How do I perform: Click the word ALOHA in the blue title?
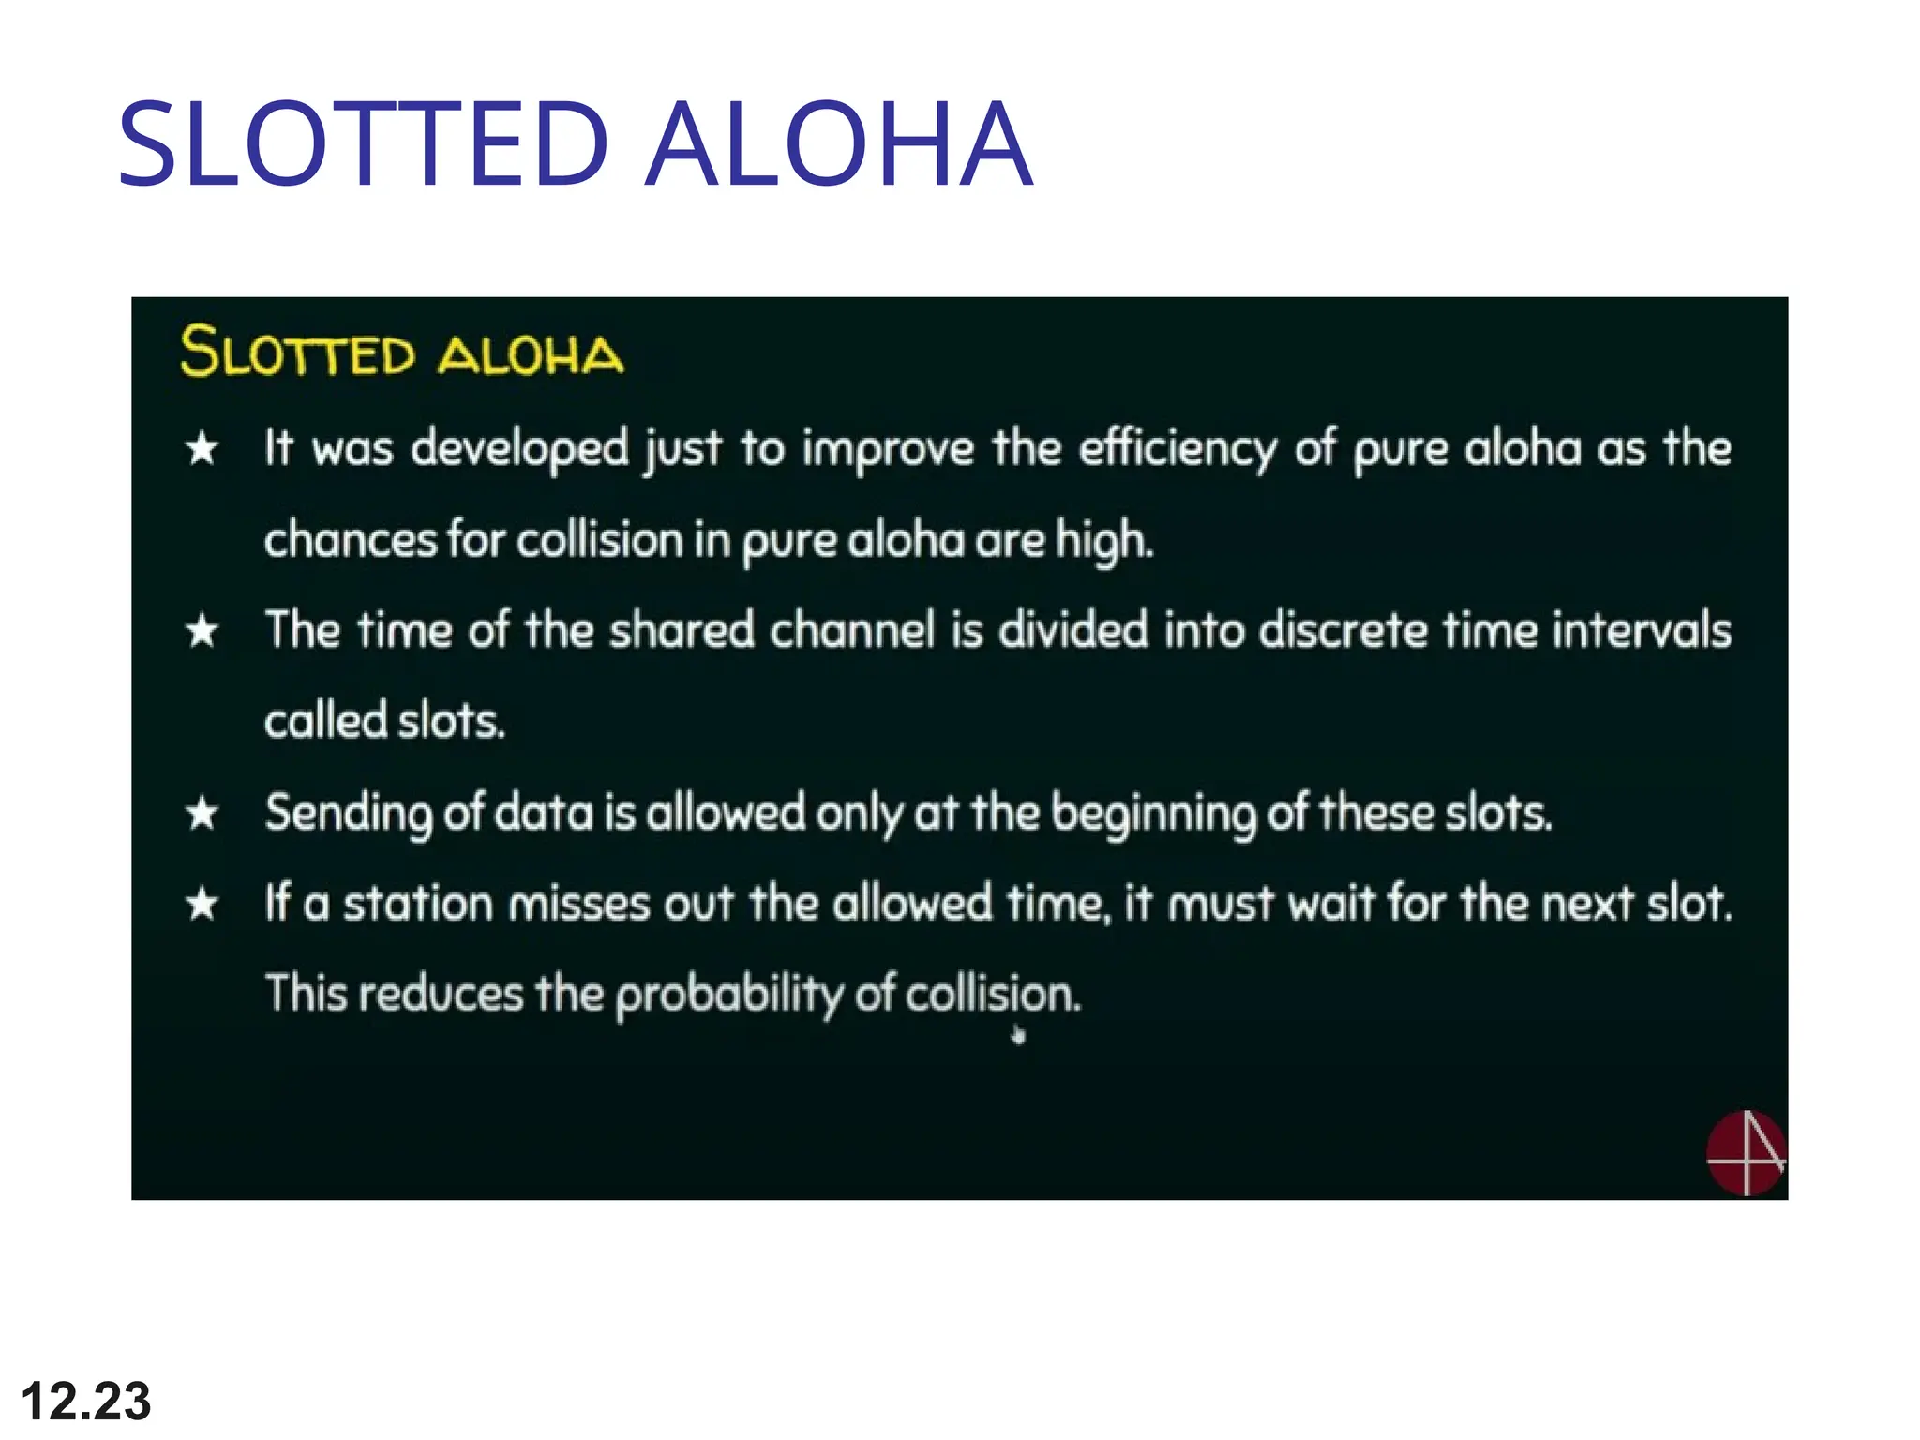click(x=839, y=145)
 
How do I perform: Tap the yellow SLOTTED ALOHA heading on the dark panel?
click(x=401, y=352)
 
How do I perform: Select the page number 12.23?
click(x=85, y=1401)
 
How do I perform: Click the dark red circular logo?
click(x=1745, y=1153)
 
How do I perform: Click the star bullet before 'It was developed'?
click(x=202, y=448)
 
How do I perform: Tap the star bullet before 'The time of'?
click(x=202, y=630)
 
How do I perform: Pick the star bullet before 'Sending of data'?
click(x=202, y=813)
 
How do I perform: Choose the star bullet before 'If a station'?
click(x=202, y=905)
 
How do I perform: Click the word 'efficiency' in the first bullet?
click(x=1177, y=448)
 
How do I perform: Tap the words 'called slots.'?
click(x=384, y=721)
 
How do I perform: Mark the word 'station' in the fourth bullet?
click(x=417, y=904)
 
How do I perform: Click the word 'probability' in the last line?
click(x=728, y=994)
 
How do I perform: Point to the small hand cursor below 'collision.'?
click(x=1019, y=1036)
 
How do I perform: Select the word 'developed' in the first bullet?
click(x=520, y=448)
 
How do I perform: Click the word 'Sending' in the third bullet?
click(x=348, y=813)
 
